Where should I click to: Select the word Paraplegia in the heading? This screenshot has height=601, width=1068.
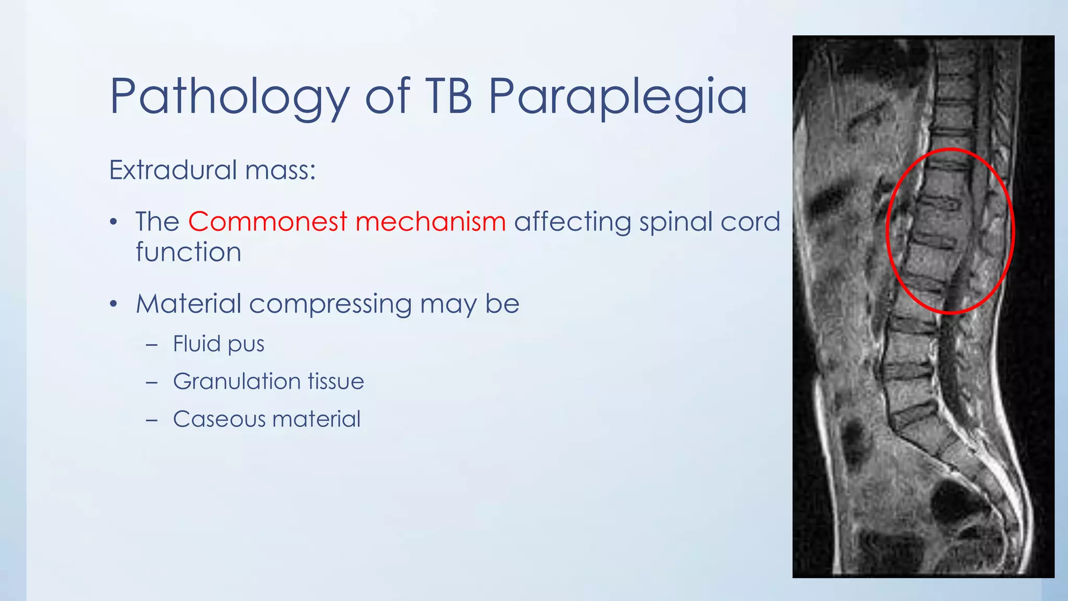[617, 97]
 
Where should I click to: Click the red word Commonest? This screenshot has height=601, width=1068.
[267, 222]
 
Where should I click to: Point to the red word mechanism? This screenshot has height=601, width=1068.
[430, 222]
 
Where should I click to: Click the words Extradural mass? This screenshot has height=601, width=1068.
[212, 170]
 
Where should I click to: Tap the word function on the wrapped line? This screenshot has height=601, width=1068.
[188, 253]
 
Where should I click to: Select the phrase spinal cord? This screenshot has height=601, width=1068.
[710, 222]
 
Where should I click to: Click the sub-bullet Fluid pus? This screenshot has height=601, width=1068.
[219, 344]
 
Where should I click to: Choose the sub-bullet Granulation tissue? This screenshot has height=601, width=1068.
[268, 381]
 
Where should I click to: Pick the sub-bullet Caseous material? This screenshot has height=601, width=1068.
[266, 419]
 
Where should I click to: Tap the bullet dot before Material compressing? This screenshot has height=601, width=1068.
[114, 304]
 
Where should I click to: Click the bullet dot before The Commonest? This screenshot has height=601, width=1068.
[114, 223]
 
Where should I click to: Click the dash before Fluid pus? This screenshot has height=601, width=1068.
[152, 345]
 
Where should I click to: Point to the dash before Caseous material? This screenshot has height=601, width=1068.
[152, 420]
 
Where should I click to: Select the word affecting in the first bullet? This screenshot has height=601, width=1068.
[572, 222]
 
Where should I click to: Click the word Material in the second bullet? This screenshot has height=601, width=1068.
[188, 304]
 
